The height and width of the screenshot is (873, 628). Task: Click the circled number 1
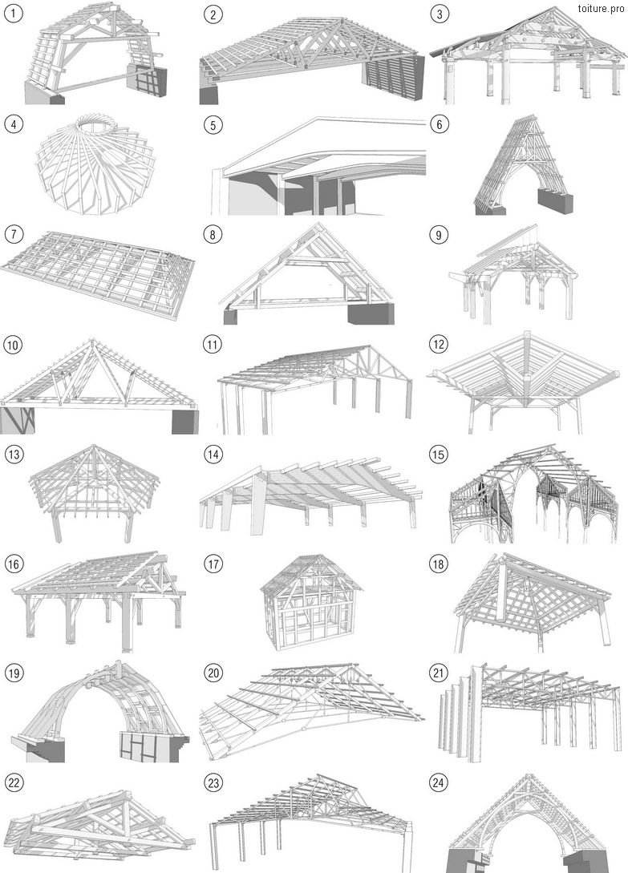pos(14,14)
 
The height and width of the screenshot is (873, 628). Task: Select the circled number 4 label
pos(14,123)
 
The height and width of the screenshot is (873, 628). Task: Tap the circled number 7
pos(14,234)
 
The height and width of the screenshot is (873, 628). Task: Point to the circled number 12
pos(439,345)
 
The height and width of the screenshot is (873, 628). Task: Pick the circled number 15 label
pos(439,455)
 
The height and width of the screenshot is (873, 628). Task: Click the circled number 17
pos(213,564)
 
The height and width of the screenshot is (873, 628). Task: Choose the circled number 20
pos(213,673)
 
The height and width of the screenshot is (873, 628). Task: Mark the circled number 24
pos(439,782)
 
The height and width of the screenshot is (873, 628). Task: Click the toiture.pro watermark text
pos(601,8)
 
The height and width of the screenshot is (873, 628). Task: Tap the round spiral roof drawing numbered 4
pos(92,164)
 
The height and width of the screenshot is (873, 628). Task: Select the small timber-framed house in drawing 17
pos(310,601)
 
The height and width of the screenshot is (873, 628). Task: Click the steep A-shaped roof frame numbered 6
pos(523,165)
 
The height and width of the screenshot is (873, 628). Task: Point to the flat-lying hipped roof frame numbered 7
pos(99,274)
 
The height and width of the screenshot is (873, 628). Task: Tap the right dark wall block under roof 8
pos(371,313)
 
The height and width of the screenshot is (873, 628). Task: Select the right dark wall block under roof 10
pos(184,422)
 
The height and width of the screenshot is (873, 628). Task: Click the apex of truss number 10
pos(92,339)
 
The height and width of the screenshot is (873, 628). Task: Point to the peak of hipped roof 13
pos(94,446)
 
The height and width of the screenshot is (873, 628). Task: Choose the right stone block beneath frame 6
pos(555,201)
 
